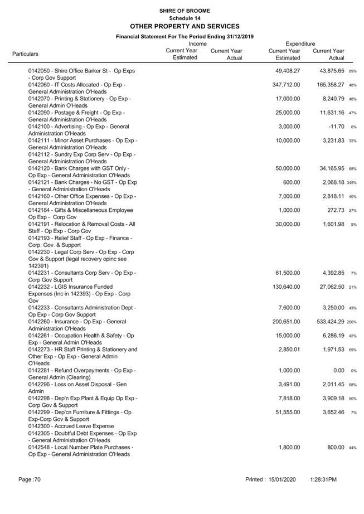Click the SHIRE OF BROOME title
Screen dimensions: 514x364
pyautogui.click(x=185, y=11)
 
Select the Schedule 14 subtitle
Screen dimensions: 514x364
pyautogui.click(x=185, y=18)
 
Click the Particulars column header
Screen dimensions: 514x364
pyautogui.click(x=25, y=54)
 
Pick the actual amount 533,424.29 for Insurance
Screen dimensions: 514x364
pyautogui.click(x=329, y=322)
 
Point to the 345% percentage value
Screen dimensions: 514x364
pyautogui.click(x=352, y=183)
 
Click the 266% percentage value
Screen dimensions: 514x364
pyautogui.click(x=352, y=322)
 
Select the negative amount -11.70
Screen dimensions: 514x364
pyautogui.click(x=336, y=127)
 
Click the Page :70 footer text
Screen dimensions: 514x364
pyautogui.click(x=30, y=479)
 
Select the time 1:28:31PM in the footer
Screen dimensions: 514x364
pyautogui.click(x=323, y=479)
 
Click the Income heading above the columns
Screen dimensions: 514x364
pyautogui.click(x=197, y=43)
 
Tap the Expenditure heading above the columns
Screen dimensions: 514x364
pyautogui.click(x=300, y=43)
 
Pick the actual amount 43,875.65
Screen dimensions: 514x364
pyautogui.click(x=329, y=71)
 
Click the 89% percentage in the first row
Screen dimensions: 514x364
pyautogui.click(x=352, y=71)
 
